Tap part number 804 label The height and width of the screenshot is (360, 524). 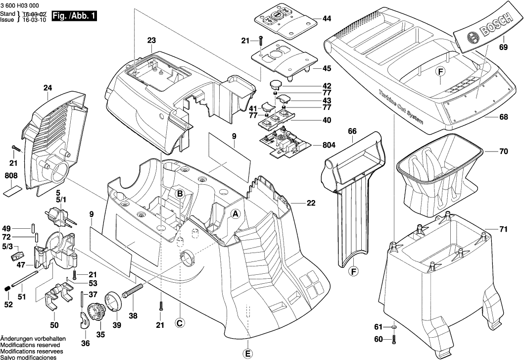click(x=329, y=146)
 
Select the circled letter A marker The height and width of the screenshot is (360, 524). click(x=236, y=214)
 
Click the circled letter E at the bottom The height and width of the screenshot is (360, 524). click(x=247, y=354)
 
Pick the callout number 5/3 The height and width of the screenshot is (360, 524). click(x=7, y=247)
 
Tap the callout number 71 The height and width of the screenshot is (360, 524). click(x=503, y=230)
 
